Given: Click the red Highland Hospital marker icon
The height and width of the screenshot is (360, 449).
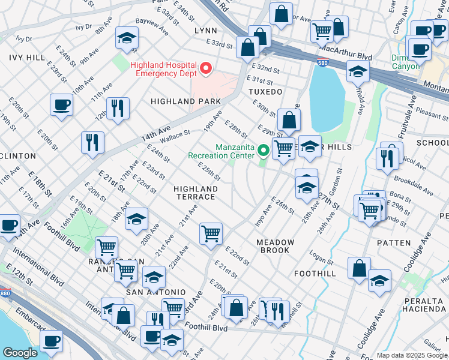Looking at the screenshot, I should [206, 69].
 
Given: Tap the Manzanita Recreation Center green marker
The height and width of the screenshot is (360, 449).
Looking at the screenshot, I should [263, 151].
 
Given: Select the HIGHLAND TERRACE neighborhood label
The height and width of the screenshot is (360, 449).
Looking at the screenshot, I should [194, 193].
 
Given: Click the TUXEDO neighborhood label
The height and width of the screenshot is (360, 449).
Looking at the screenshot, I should [265, 92].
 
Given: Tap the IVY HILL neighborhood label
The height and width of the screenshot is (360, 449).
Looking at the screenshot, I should [27, 57].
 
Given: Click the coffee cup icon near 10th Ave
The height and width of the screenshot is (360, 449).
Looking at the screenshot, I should [62, 106].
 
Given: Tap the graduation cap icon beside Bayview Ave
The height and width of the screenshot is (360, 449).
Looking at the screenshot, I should [127, 38].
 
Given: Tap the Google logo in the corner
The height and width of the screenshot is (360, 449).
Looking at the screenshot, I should [20, 352].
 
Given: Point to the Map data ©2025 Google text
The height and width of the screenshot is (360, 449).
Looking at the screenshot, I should [412, 355].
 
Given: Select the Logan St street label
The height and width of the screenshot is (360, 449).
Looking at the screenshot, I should [321, 259].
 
